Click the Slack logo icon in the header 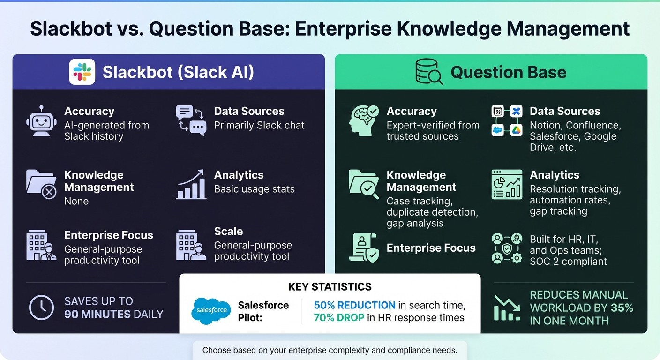(82, 72)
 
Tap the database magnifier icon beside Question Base (428, 72)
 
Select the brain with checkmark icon (364, 121)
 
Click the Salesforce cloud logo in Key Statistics (211, 311)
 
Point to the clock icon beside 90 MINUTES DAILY (41, 308)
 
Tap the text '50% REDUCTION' (354, 305)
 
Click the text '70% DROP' (339, 318)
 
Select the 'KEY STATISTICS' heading (330, 287)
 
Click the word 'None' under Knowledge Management (76, 201)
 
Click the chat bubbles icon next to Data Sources (191, 120)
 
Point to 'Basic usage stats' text (254, 189)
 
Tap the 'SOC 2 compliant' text (568, 262)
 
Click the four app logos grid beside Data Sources (507, 121)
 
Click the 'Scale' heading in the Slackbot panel (228, 231)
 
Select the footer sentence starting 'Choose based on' (330, 350)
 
